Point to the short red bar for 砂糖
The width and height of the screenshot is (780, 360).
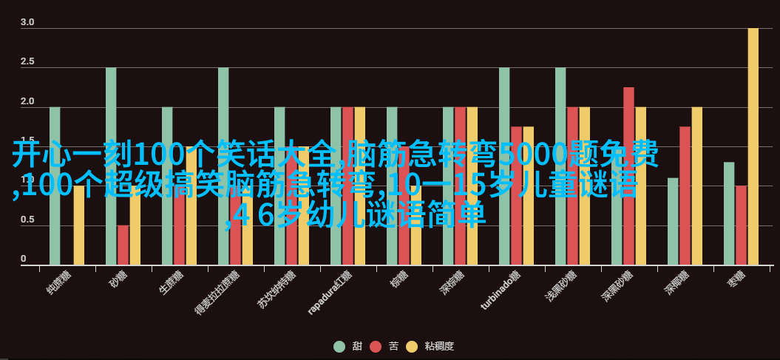(123, 245)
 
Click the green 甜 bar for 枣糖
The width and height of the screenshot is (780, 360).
(729, 214)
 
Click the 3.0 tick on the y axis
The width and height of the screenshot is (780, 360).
(27, 22)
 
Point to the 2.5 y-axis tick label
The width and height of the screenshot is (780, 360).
(27, 61)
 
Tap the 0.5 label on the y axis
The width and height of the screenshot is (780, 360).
(27, 220)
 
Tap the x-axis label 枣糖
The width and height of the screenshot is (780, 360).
(736, 280)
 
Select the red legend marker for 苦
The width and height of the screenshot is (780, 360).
(376, 346)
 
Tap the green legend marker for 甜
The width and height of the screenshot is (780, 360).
(339, 346)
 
